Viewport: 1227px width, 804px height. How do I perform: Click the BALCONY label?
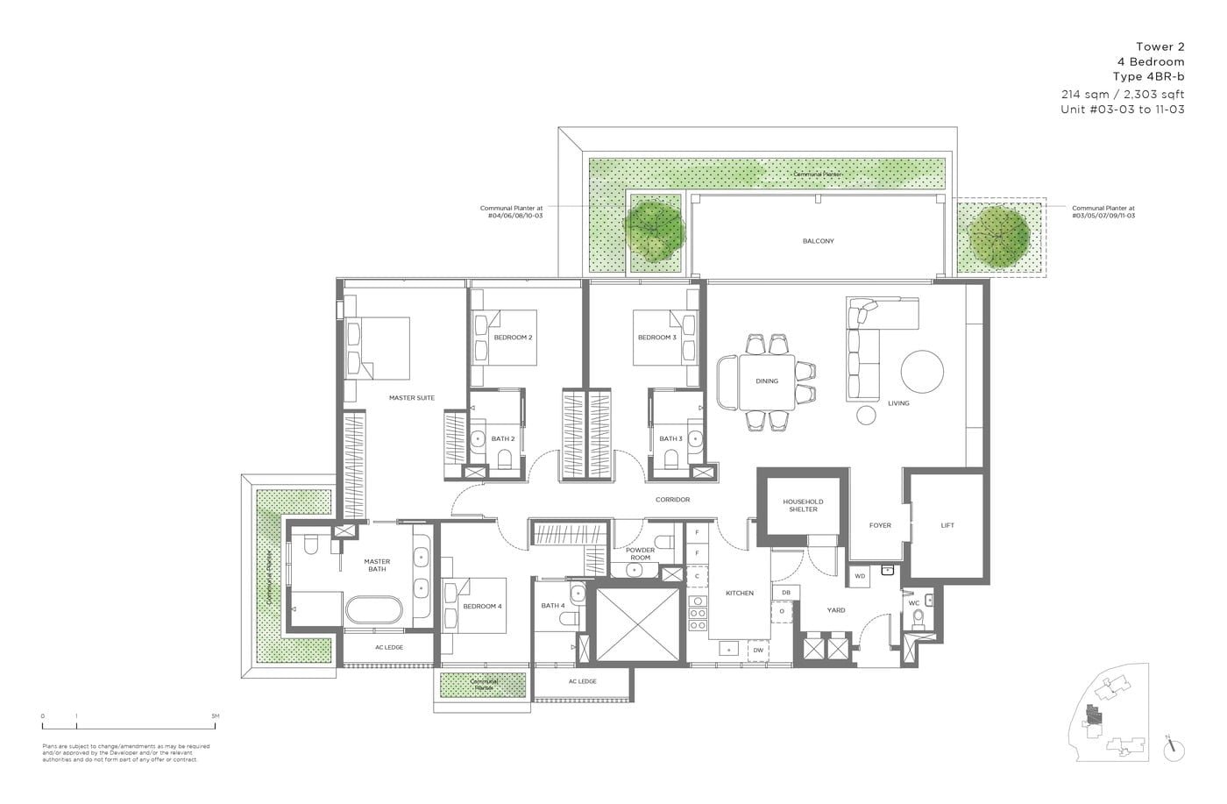coord(817,241)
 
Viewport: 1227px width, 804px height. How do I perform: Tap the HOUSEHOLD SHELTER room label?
coord(803,506)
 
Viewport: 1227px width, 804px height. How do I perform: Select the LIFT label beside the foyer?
coord(947,525)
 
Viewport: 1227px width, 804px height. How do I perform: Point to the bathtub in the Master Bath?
coord(372,610)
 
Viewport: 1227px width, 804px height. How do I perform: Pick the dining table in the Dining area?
coord(767,381)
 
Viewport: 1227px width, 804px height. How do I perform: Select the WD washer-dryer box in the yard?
coord(859,576)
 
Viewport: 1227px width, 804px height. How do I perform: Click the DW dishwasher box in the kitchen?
coord(757,650)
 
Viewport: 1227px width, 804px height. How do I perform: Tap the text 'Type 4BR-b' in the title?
coord(1148,77)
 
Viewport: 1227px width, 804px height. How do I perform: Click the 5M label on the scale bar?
coord(215,716)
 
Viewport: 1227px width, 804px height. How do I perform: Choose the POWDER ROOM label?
coord(640,554)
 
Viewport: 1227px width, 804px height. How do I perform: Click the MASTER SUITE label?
coord(411,398)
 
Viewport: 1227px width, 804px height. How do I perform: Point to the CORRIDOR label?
coord(672,500)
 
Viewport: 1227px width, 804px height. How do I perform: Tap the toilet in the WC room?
coord(918,621)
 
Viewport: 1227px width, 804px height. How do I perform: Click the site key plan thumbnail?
coord(1110,718)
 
